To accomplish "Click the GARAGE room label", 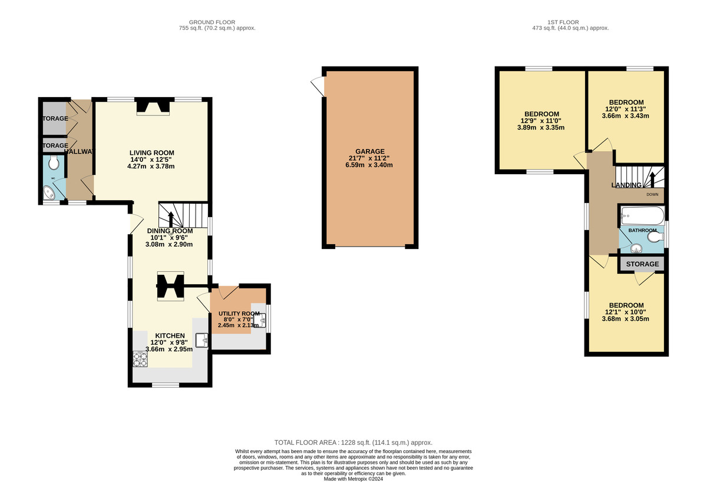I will point(369,151).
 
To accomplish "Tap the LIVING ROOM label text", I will point(152,152).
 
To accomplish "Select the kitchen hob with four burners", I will point(140,358).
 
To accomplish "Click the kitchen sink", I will point(202,341).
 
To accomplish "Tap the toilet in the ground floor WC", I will point(54,162).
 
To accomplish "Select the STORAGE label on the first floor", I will point(642,264).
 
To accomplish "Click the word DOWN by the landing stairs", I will point(652,194).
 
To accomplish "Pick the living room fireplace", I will point(152,107).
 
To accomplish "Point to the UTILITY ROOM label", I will point(239,313).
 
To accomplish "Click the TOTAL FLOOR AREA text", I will point(353,443).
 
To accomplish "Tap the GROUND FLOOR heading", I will point(217,22).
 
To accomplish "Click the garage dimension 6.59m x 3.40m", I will point(369,165).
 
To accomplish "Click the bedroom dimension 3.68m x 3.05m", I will point(625,319).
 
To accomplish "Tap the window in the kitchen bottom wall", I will point(166,385).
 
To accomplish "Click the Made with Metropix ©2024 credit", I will point(353,478).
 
